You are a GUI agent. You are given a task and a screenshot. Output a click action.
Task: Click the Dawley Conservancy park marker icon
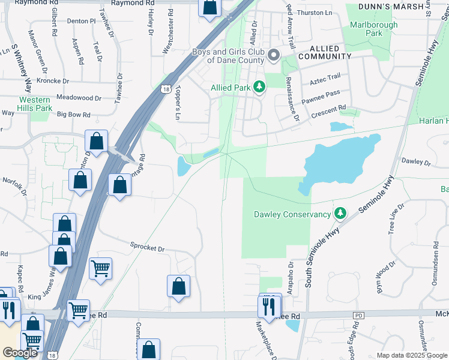tap(340, 214)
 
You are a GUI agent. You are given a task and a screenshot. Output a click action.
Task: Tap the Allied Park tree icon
tap(259, 88)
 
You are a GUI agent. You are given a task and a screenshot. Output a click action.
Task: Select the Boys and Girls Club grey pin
tap(274, 56)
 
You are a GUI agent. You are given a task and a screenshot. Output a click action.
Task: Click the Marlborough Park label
tap(373, 29)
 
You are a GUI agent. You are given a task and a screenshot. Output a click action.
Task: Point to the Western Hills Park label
tap(35, 104)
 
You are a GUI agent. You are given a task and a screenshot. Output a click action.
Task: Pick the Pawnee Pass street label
tap(321, 94)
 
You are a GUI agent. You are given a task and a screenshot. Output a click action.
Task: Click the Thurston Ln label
tap(314, 13)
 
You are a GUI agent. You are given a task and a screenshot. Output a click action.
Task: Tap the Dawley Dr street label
tap(417, 162)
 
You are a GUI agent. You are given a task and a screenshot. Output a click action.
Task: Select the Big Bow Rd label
tap(73, 114)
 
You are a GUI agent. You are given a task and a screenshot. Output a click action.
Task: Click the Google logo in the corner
tap(20, 353)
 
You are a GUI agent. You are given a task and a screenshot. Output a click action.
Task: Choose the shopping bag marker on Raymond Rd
tap(210, 8)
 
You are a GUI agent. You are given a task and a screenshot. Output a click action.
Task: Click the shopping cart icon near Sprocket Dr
tap(100, 268)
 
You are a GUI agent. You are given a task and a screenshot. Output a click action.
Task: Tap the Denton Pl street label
tap(82, 21)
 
